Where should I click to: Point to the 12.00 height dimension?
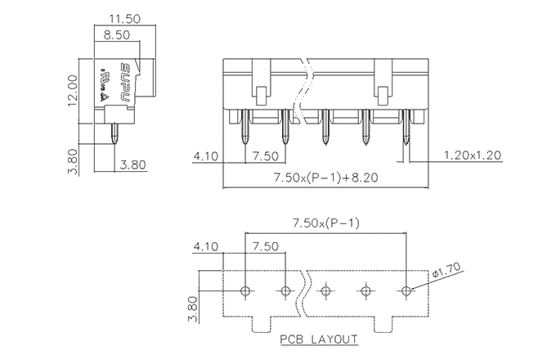[x=73, y=88]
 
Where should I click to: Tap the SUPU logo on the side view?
[x=126, y=82]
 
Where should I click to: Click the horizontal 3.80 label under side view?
[x=132, y=164]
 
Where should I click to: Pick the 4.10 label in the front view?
[x=205, y=155]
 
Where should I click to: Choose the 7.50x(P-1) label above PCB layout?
[x=325, y=223]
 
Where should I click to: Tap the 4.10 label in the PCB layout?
[x=205, y=245]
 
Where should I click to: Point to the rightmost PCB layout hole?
[x=406, y=291]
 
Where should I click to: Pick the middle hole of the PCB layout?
[x=325, y=291]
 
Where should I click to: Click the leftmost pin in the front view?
[x=245, y=131]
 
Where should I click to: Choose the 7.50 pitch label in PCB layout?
[x=265, y=245]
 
